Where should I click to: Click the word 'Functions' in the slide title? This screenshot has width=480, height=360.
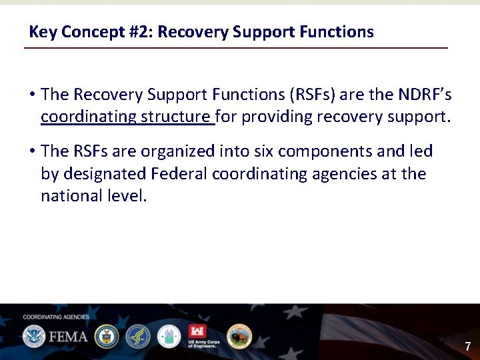point(339,32)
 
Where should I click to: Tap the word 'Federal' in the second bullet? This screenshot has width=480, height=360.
point(179,174)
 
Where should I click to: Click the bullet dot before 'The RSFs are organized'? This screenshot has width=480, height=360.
point(32,151)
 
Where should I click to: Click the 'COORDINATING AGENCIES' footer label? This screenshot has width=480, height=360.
point(56,317)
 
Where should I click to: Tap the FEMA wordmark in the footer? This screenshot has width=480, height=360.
point(68,336)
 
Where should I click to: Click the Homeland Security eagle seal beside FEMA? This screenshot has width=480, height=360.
point(33,336)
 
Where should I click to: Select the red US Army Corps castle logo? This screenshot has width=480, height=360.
point(197,332)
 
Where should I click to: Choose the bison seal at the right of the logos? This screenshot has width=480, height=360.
point(239,336)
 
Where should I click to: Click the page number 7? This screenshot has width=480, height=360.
point(467,347)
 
